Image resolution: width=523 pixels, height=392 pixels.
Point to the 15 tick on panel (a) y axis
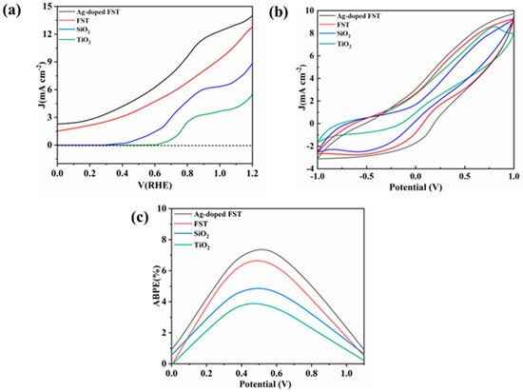48,8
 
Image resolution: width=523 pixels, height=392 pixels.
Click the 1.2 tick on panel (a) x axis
252,175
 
